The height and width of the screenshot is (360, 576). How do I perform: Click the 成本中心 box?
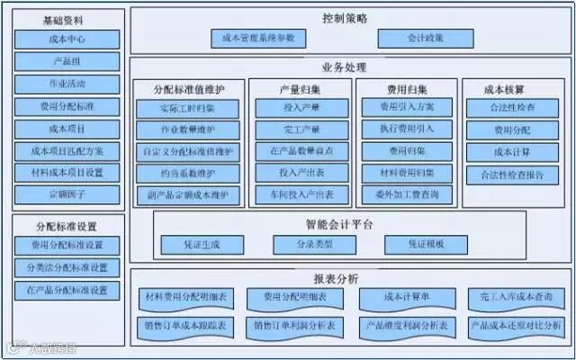[x=67, y=40]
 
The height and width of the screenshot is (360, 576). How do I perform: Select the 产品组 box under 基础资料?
[x=67, y=62]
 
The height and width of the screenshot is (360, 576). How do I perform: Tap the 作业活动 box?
[x=67, y=85]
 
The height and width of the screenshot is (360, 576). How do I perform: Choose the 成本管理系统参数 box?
[x=258, y=39]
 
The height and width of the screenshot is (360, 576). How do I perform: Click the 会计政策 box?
[x=413, y=39]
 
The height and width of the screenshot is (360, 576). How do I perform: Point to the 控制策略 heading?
[x=345, y=18]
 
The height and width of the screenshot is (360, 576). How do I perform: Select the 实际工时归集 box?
[x=188, y=109]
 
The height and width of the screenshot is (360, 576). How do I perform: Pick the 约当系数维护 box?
[x=188, y=172]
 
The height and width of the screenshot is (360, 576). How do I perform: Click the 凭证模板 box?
[x=427, y=244]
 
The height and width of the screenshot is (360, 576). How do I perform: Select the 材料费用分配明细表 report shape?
[x=185, y=296]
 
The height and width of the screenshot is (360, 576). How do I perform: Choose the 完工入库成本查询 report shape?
[x=516, y=296]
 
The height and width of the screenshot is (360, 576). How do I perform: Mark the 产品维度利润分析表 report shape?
[x=408, y=325]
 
